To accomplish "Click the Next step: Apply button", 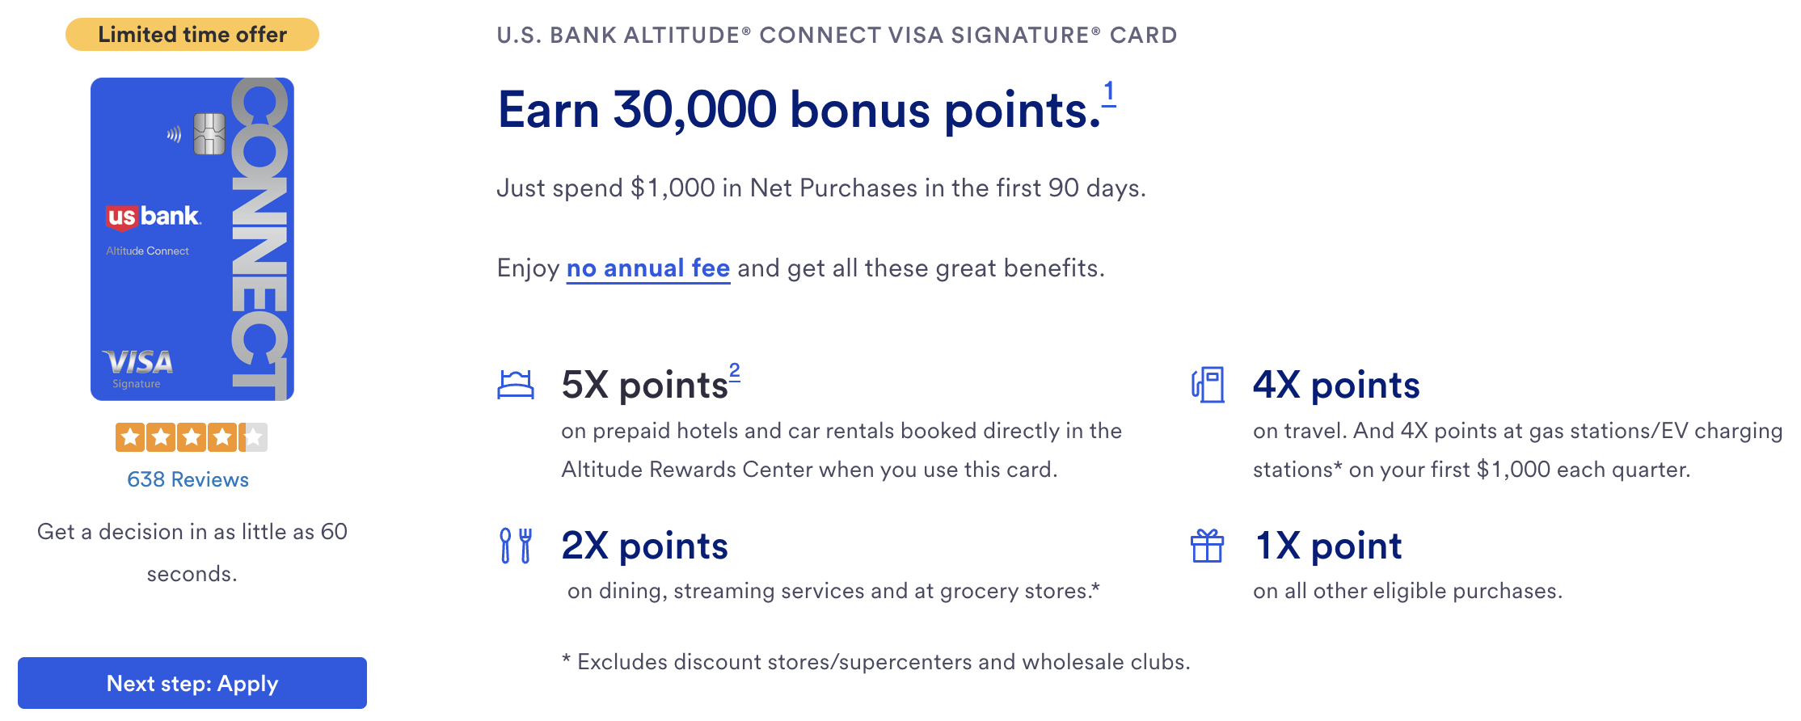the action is click(x=192, y=683).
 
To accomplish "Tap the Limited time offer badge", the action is click(x=192, y=35).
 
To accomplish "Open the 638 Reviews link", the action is click(x=188, y=479).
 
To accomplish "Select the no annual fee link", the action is click(x=648, y=268).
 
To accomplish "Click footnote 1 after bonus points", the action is click(x=1109, y=92).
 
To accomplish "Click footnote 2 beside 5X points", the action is click(x=734, y=372).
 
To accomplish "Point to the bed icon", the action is click(x=516, y=384).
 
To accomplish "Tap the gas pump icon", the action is click(x=1208, y=385).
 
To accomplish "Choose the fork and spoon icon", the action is click(x=516, y=546).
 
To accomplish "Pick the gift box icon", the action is click(x=1207, y=546).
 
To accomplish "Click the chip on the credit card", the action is click(x=209, y=134).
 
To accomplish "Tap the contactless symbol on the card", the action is click(x=174, y=134).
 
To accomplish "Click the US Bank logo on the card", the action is click(x=153, y=217).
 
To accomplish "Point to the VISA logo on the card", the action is click(x=137, y=362).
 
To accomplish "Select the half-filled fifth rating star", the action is click(x=253, y=437).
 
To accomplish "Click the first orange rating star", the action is click(x=130, y=437).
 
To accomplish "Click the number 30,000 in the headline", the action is click(x=694, y=110).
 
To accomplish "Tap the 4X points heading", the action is click(x=1336, y=385).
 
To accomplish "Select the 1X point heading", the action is click(x=1328, y=546).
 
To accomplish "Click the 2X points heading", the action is click(x=644, y=546).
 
